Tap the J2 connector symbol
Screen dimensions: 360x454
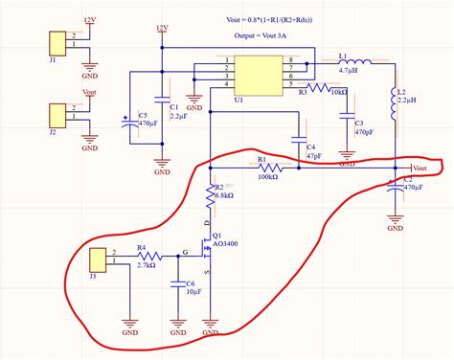tap(53, 115)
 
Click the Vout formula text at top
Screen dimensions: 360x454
tap(288, 19)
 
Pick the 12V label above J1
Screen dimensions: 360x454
tap(90, 19)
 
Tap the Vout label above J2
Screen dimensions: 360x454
tap(90, 92)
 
